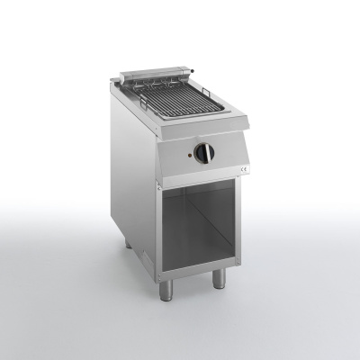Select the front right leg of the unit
point(218,278)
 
